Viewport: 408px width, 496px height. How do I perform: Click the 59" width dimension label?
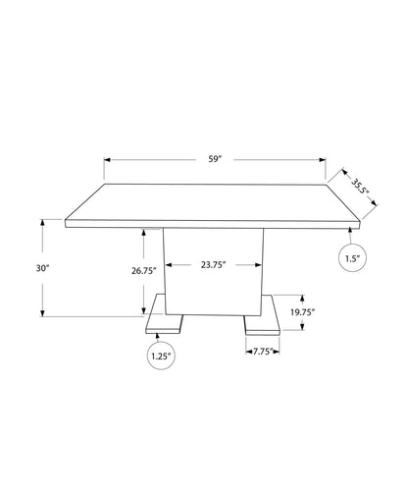(215, 159)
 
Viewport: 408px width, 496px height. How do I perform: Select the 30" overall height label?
(42, 268)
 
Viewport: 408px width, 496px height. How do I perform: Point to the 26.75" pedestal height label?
(144, 271)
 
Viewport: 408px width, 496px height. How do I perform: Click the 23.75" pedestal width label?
(214, 264)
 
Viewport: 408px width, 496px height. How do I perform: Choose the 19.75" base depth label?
(302, 312)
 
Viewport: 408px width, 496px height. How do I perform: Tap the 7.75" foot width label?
(263, 352)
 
